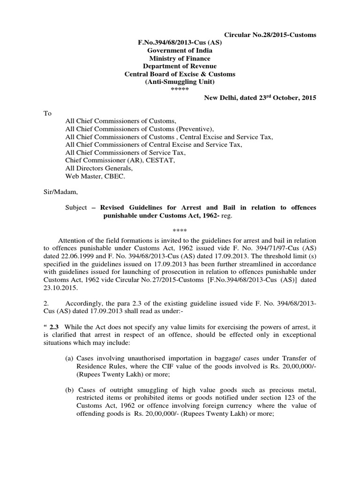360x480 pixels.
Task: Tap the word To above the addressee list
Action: (x=48, y=113)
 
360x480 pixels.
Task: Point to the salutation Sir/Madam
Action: (x=60, y=192)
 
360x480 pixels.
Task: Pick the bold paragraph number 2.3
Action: (x=58, y=326)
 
